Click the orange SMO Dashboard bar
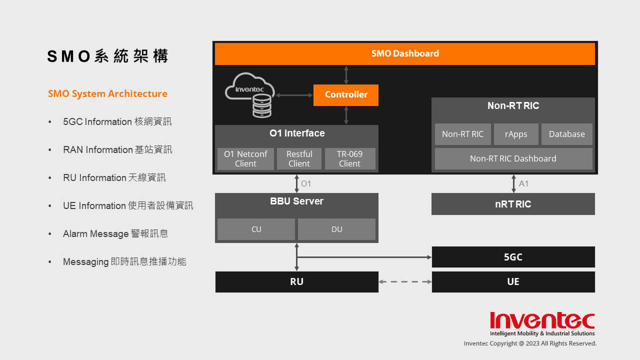point(405,53)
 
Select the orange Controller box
point(345,95)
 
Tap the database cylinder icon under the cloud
point(262,105)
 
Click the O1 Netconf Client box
point(245,159)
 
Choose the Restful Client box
point(299,159)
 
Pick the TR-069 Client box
point(350,159)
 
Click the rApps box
point(516,134)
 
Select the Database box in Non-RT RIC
point(567,134)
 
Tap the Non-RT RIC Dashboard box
point(513,158)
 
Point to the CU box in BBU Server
point(256,229)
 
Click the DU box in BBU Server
point(336,229)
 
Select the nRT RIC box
point(513,204)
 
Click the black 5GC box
point(513,257)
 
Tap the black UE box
point(513,281)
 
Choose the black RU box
point(297,281)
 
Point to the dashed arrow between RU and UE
point(405,281)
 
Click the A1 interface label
point(523,183)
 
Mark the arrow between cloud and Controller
point(294,95)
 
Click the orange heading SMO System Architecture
point(107,93)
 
